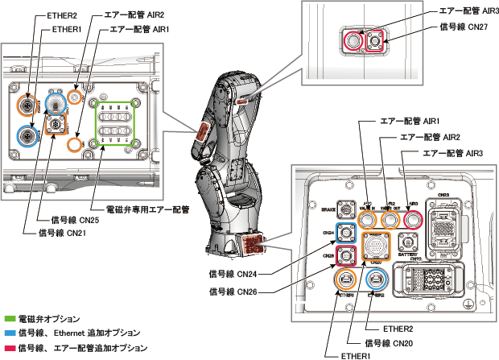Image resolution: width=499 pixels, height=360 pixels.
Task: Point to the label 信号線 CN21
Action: [x=64, y=233]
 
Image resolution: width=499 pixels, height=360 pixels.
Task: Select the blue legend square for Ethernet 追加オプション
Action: [x=9, y=333]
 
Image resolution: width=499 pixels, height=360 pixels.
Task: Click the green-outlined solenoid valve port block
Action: [x=113, y=123]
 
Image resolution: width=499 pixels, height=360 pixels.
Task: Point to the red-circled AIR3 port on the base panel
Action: [x=413, y=218]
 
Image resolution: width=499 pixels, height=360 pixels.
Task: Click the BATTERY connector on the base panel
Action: [x=406, y=242]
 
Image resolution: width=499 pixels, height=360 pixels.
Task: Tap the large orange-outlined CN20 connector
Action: [x=376, y=246]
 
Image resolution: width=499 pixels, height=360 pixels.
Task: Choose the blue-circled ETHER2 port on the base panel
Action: [x=375, y=279]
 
